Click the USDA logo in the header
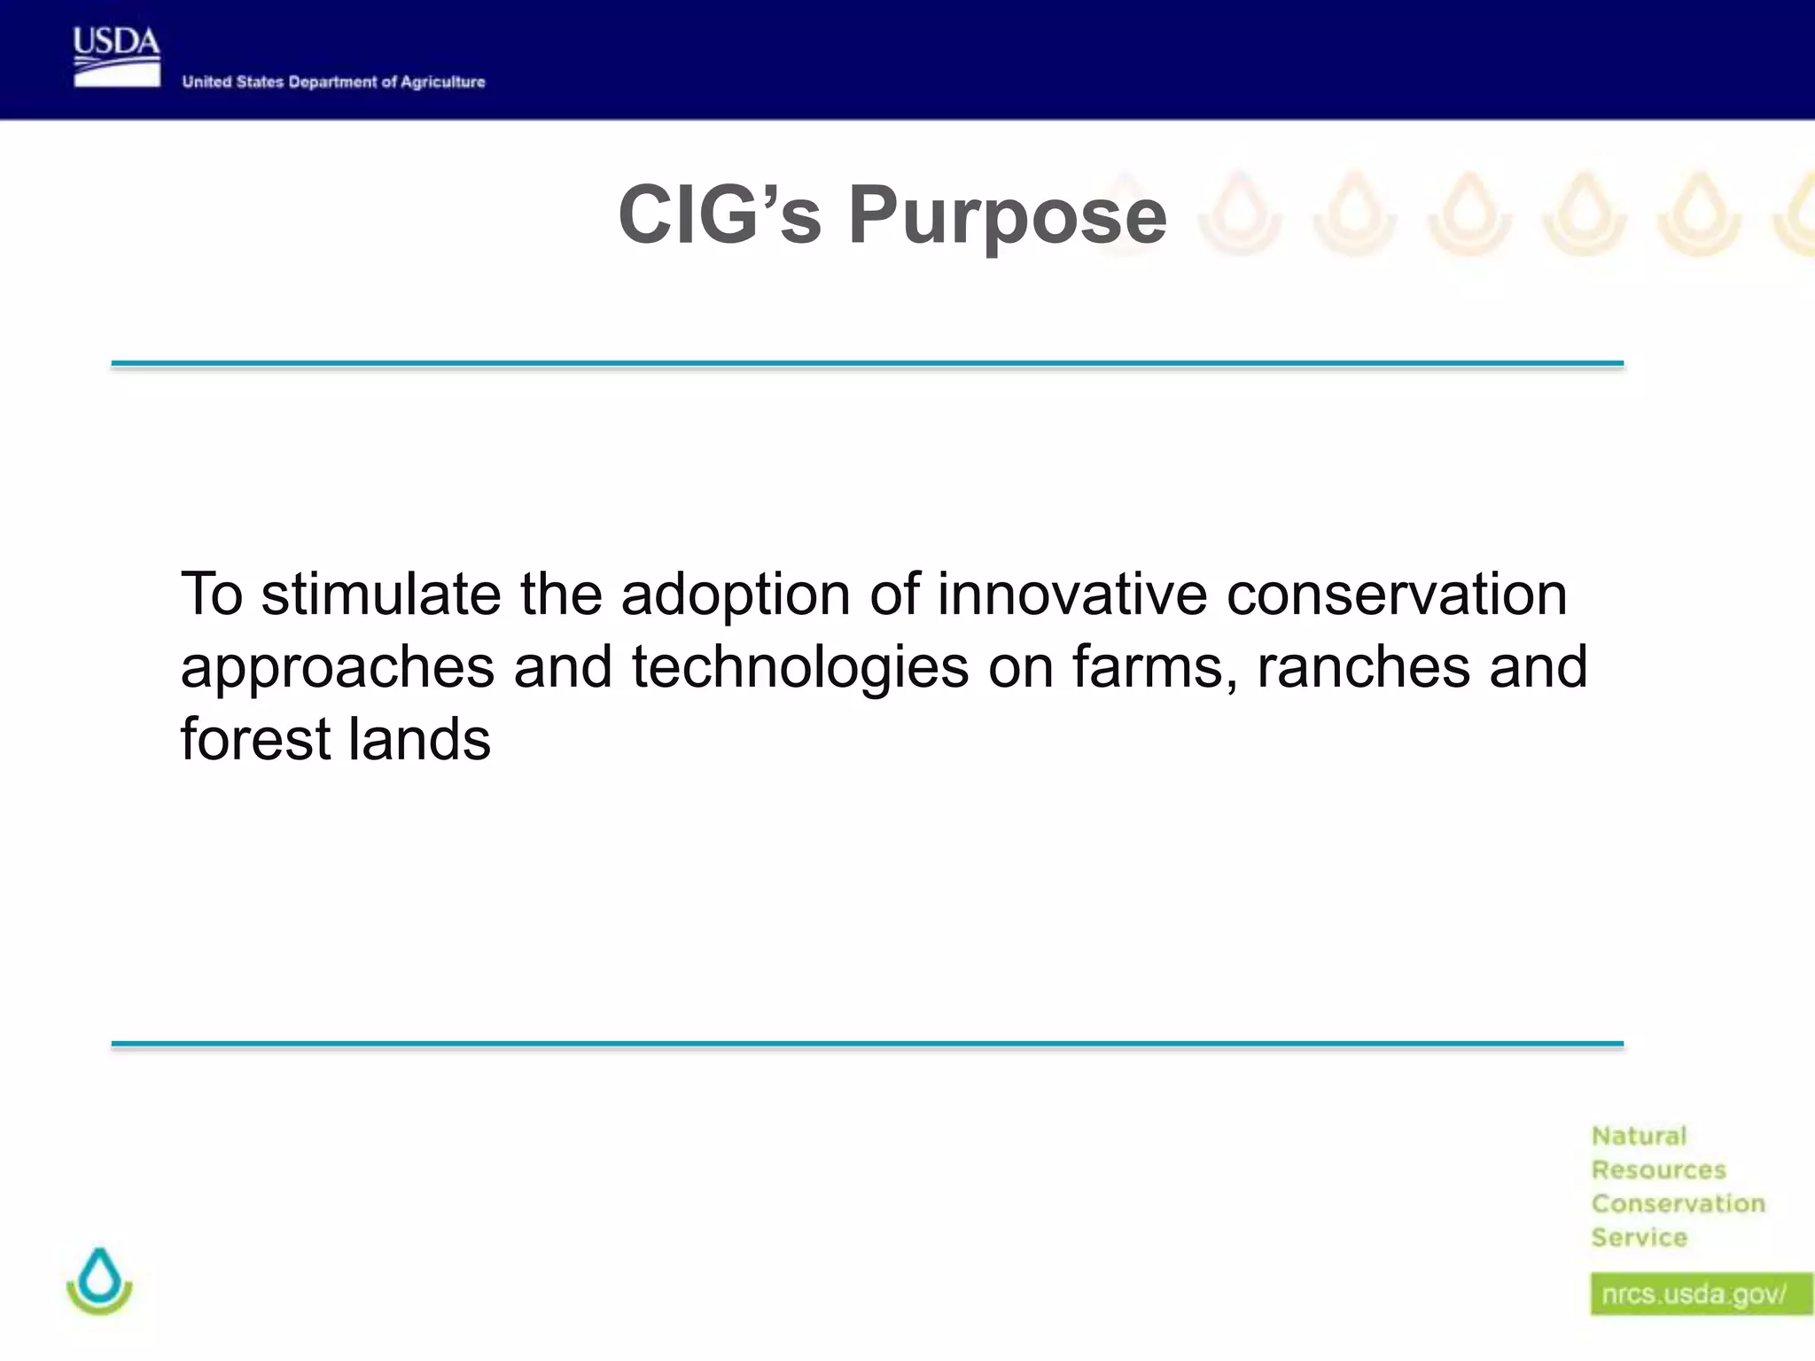116,57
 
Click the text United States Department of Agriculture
333,82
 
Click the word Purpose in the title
1008,215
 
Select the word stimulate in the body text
381,594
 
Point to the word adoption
736,595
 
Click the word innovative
1071,594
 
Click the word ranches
1363,666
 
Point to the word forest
254,739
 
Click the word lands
418,739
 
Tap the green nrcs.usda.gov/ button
1700,1295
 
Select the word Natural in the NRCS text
1639,1136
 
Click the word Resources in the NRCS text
1658,1170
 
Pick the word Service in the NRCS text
1639,1237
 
